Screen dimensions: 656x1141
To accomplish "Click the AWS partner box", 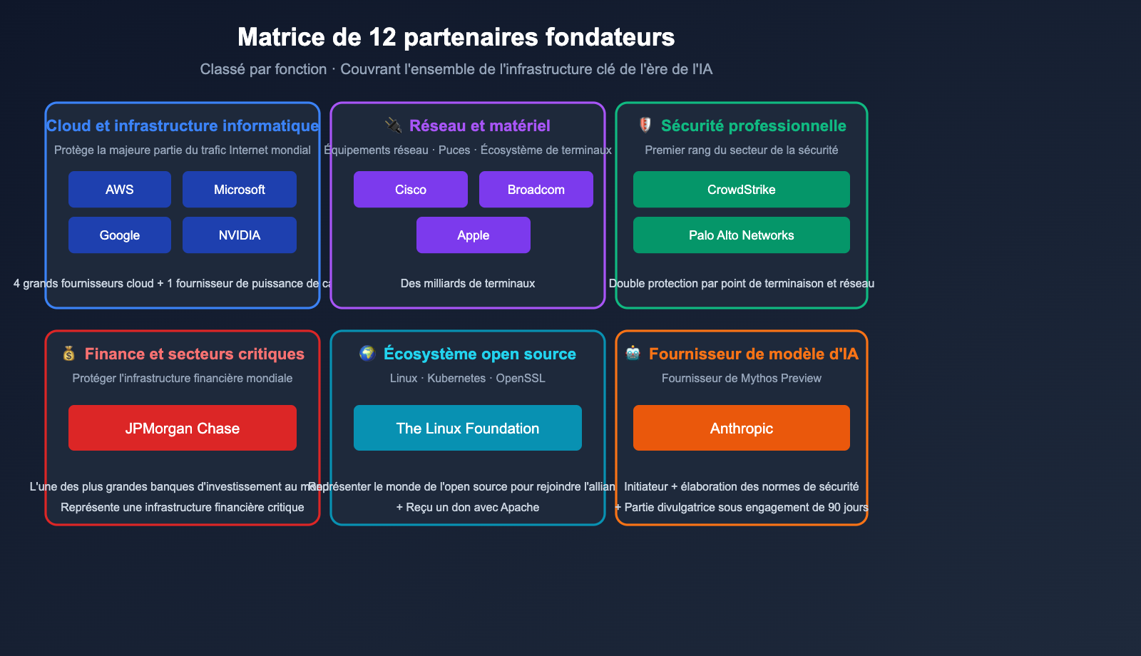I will pyautogui.click(x=120, y=190).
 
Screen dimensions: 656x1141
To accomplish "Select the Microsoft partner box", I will pyautogui.click(x=240, y=190).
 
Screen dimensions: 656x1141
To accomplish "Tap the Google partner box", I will pyautogui.click(x=120, y=235).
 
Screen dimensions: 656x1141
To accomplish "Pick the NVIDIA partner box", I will pyautogui.click(x=240, y=235).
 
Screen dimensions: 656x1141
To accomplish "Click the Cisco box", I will pyautogui.click(x=411, y=190).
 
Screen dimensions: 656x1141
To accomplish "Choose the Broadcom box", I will pyautogui.click(x=536, y=190).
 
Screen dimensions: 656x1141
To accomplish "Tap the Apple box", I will pyautogui.click(x=474, y=235).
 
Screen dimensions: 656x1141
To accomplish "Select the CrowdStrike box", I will pyautogui.click(x=742, y=190).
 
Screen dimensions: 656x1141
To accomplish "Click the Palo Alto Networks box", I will pyautogui.click(x=742, y=235).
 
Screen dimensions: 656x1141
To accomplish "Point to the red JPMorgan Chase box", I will pyautogui.click(x=183, y=428).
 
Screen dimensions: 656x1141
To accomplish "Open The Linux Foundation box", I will pyautogui.click(x=468, y=428).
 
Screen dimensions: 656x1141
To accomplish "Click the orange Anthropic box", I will pyautogui.click(x=742, y=428).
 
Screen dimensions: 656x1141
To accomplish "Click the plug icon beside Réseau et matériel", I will pyautogui.click(x=393, y=125).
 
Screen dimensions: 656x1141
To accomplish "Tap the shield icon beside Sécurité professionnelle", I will pyautogui.click(x=645, y=125).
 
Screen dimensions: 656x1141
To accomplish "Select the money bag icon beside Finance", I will pyautogui.click(x=69, y=354).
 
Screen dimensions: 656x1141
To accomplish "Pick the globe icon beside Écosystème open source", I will pyautogui.click(x=367, y=354).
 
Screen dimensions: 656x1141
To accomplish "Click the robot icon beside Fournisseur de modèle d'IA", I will pyautogui.click(x=633, y=354).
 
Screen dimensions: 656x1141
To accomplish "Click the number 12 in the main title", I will pyautogui.click(x=382, y=37).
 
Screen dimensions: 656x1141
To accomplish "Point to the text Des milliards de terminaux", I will pyautogui.click(x=468, y=284).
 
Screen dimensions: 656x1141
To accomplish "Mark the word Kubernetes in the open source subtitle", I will pyautogui.click(x=456, y=379).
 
